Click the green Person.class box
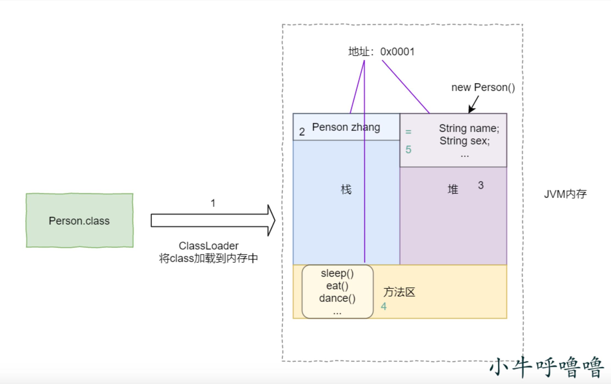pos(79,221)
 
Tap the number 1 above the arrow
pos(213,203)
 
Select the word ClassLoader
pos(209,246)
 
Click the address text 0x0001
pos(397,52)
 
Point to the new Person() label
pos(483,87)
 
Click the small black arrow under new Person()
pos(474,105)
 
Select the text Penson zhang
pos(346,127)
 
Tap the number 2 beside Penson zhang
pos(302,132)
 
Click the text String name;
pos(469,128)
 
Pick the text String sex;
pos(465,141)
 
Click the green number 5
pos(408,150)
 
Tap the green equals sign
pos(408,132)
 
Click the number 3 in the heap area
pos(481,185)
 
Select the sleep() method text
pos(337,273)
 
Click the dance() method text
pos(337,298)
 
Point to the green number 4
pos(384,306)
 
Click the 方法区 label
pos(399,292)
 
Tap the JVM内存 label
pos(565,194)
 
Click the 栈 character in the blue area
pos(346,190)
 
